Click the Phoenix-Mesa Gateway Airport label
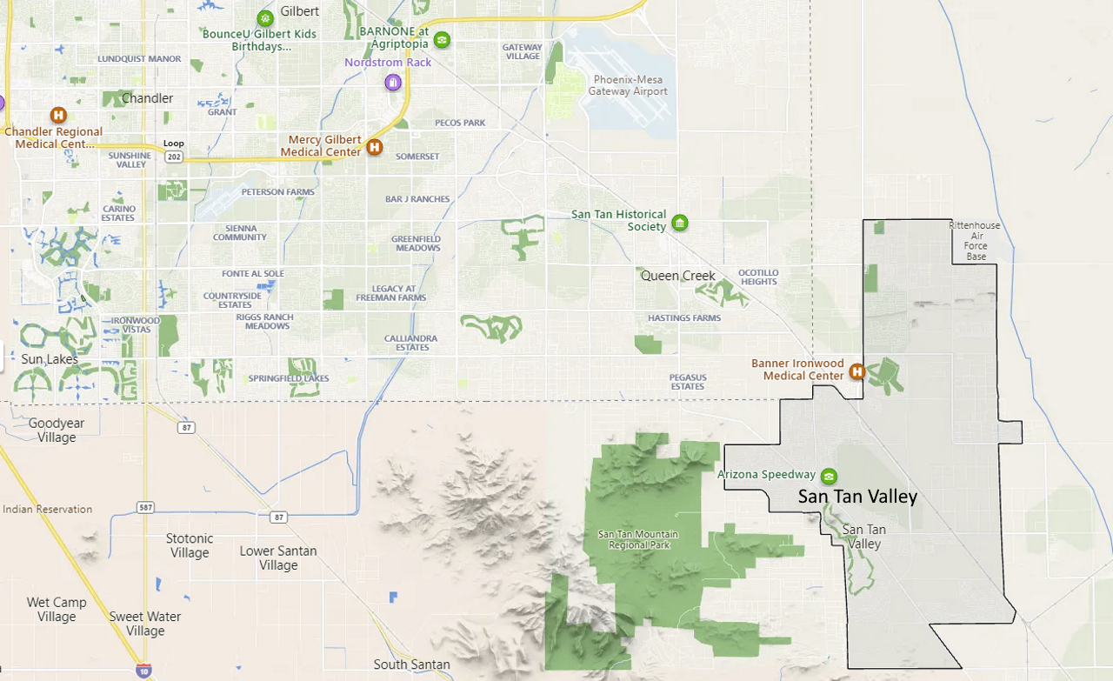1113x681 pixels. [628, 85]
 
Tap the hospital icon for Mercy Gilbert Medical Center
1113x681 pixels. [375, 147]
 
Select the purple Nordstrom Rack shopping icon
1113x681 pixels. [393, 82]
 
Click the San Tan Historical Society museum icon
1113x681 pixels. [680, 223]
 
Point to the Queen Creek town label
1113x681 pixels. [677, 276]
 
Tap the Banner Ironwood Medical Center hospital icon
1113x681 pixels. [856, 371]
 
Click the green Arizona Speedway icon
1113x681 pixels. [829, 476]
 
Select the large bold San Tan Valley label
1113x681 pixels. [857, 497]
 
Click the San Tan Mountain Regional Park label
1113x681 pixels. [639, 539]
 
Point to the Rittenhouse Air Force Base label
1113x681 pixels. [975, 241]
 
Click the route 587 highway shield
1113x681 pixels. [144, 506]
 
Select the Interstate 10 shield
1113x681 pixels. [143, 671]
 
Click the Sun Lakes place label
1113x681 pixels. [50, 359]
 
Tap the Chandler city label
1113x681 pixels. [147, 98]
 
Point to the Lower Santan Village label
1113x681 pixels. [278, 557]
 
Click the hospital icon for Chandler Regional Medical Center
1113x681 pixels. [58, 115]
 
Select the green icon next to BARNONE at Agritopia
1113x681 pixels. [442, 39]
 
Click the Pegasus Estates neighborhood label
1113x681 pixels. [687, 382]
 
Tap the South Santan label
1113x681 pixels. [411, 664]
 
